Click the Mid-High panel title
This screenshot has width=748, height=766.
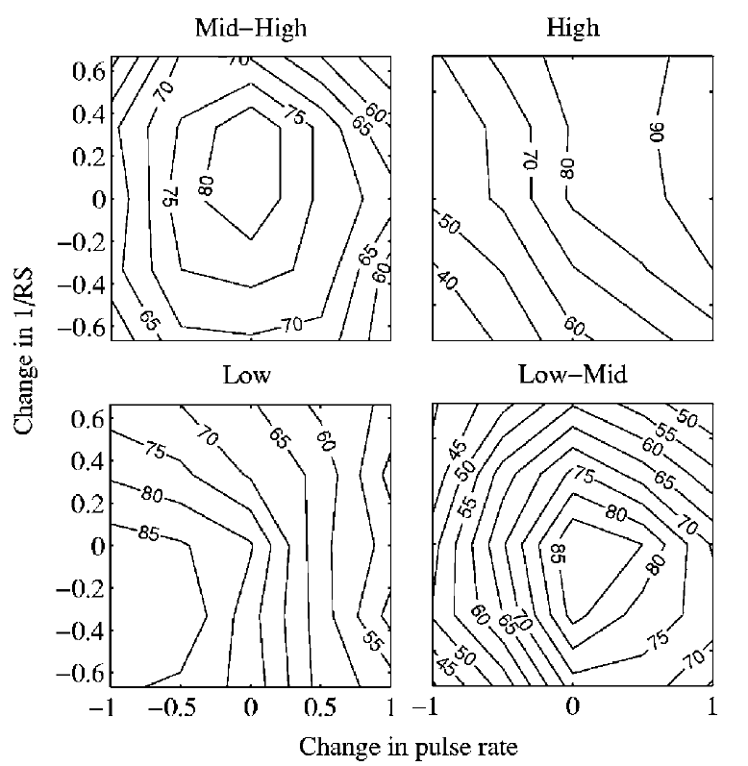coord(250,29)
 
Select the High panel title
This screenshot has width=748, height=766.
coord(572,29)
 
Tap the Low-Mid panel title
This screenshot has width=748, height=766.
coord(573,376)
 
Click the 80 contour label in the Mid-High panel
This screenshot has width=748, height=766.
coord(204,185)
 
